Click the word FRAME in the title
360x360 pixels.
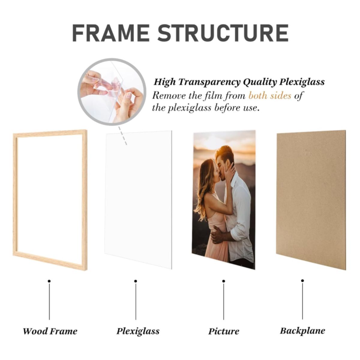(111, 33)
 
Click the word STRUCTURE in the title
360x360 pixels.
(223, 33)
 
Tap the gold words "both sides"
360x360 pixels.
(270, 96)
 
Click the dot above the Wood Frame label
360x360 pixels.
(49, 281)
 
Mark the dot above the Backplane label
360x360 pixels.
(302, 280)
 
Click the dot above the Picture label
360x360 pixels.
(223, 281)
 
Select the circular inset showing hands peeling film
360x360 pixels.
(112, 91)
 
